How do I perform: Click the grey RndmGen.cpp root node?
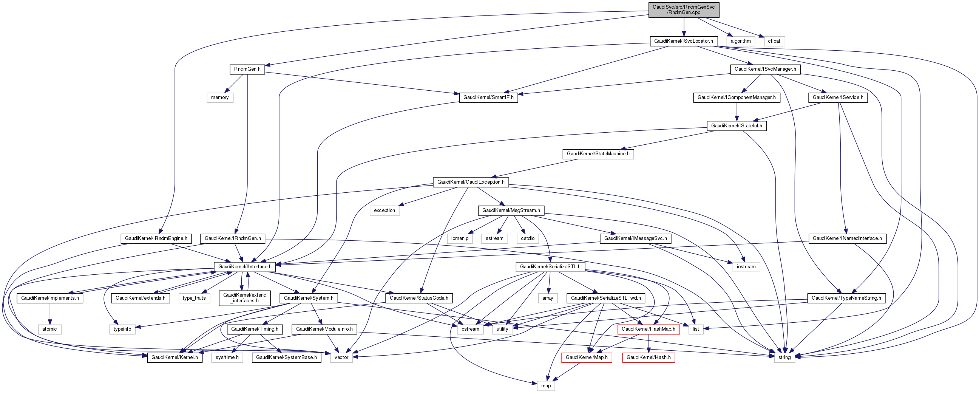(683, 10)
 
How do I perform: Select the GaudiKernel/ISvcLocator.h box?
(683, 41)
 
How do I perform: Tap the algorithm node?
(740, 41)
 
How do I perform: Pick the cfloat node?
(774, 41)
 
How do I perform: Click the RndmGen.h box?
(247, 69)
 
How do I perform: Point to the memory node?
(220, 97)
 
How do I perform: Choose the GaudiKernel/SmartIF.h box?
(488, 97)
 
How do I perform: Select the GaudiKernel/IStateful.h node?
(737, 126)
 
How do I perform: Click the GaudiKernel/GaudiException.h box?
(471, 182)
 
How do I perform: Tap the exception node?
(384, 210)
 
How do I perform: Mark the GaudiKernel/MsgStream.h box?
(511, 210)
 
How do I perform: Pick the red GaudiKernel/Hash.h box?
(649, 357)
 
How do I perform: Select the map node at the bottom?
(546, 386)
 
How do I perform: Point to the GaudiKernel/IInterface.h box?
(245, 267)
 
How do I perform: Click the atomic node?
(49, 329)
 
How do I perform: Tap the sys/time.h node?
(227, 357)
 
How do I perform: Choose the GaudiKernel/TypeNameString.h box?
(846, 298)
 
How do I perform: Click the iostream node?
(746, 267)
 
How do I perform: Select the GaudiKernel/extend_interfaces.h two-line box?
(245, 298)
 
